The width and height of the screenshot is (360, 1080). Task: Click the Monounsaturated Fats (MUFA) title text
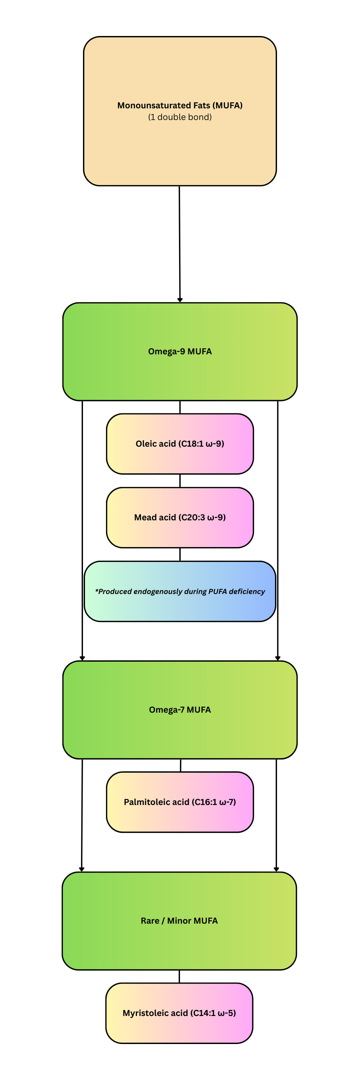coord(180,105)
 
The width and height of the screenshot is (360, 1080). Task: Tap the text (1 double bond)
coord(180,117)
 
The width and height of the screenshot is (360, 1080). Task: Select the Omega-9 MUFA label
coord(180,351)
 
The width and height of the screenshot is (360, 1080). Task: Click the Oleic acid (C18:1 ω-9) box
coord(180,444)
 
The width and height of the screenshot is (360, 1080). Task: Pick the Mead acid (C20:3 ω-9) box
coord(180,517)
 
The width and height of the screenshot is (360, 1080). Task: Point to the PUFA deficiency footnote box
coord(180,591)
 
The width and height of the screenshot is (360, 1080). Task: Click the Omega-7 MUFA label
coord(180,710)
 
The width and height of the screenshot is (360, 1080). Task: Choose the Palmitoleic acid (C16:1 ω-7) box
coord(180,802)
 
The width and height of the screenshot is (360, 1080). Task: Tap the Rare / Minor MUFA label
coord(179,921)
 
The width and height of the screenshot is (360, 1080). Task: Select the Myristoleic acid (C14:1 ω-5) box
coord(179,1013)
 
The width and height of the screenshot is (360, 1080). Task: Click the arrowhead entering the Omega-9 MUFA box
coord(180,300)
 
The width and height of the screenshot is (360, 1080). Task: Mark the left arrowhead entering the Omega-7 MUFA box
coord(82,658)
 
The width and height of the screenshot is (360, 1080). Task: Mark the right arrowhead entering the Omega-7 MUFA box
coord(277,658)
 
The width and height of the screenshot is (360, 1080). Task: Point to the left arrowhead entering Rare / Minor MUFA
coord(82,869)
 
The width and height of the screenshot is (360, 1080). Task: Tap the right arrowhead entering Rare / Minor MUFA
coord(276,869)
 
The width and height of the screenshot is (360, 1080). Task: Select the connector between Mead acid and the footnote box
coord(180,554)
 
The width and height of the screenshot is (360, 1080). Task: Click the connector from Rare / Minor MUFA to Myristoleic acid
coord(179,976)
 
